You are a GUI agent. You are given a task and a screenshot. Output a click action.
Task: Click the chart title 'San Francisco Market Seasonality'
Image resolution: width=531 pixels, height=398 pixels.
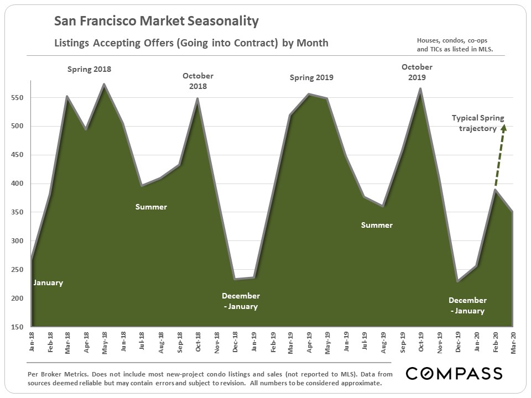[157, 22]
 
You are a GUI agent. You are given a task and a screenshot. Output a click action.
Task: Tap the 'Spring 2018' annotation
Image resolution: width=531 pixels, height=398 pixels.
[89, 70]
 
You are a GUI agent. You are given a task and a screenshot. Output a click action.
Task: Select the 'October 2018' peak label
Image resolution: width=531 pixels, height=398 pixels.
[198, 81]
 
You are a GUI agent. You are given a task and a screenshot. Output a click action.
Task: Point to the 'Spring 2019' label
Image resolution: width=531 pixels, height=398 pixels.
[311, 78]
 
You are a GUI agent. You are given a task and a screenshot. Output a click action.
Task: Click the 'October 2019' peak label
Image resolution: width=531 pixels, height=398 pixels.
[417, 72]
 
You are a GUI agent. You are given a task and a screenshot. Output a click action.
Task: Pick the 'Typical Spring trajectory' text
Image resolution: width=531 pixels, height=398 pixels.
[478, 122]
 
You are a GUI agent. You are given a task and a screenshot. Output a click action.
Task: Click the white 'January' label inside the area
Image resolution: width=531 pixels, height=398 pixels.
[48, 282]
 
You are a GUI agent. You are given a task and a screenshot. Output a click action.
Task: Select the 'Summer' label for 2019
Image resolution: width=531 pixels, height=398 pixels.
[377, 225]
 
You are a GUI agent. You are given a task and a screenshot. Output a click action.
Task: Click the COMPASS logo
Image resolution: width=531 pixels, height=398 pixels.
[454, 373]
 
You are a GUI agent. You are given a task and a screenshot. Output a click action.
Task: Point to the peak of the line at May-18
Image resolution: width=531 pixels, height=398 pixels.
[104, 85]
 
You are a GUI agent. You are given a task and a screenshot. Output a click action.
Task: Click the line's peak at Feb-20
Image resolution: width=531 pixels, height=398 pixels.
[494, 190]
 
